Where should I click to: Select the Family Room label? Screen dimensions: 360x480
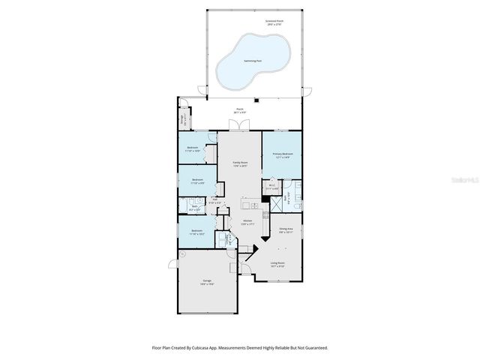240,163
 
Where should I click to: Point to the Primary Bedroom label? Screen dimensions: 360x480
281,155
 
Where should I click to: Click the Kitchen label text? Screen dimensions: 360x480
247,222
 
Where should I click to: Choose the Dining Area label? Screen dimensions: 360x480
285,231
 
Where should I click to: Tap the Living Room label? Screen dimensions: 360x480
277,264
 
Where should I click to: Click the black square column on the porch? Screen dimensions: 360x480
256,98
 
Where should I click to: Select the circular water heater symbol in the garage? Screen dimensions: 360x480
182,255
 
